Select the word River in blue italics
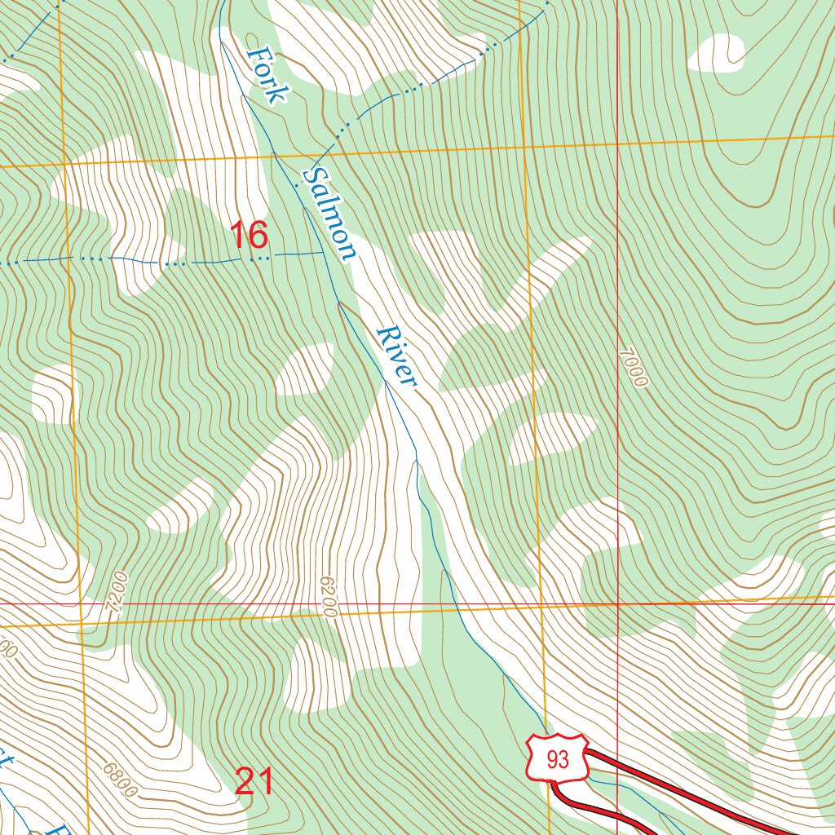[x=397, y=357]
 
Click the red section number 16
[x=249, y=236]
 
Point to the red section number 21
[x=254, y=781]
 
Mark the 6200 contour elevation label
[x=328, y=596]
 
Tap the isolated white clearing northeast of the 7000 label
[x=717, y=52]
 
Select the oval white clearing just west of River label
[x=305, y=369]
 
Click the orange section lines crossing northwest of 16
[x=63, y=164]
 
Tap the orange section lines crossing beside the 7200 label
[x=82, y=625]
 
